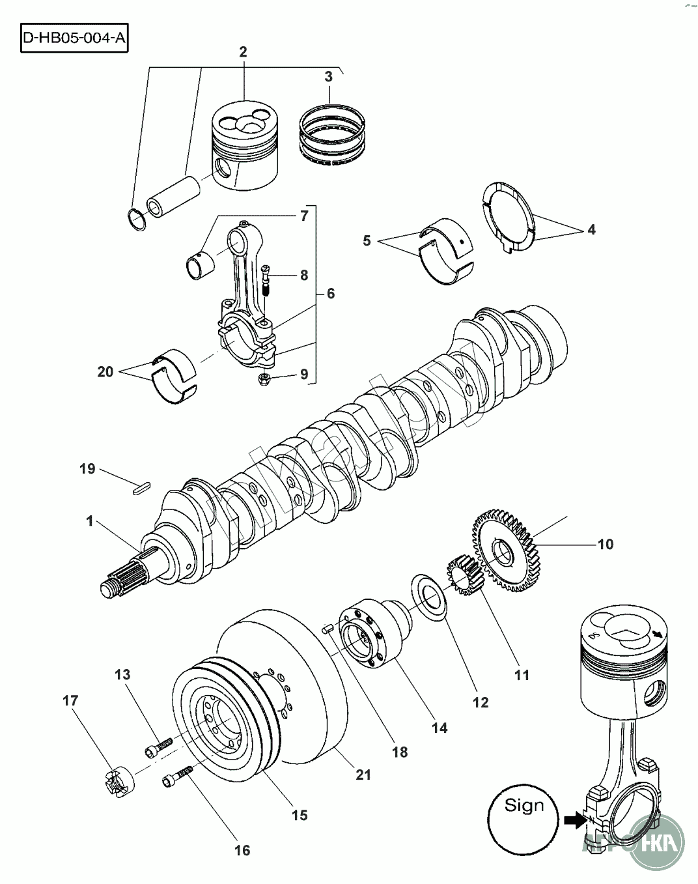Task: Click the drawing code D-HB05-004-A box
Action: pos(74,38)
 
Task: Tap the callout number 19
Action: pos(88,468)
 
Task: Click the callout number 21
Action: pos(363,775)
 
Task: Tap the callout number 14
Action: pos(440,727)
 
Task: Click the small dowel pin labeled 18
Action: pos(328,628)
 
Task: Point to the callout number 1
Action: pos(90,520)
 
